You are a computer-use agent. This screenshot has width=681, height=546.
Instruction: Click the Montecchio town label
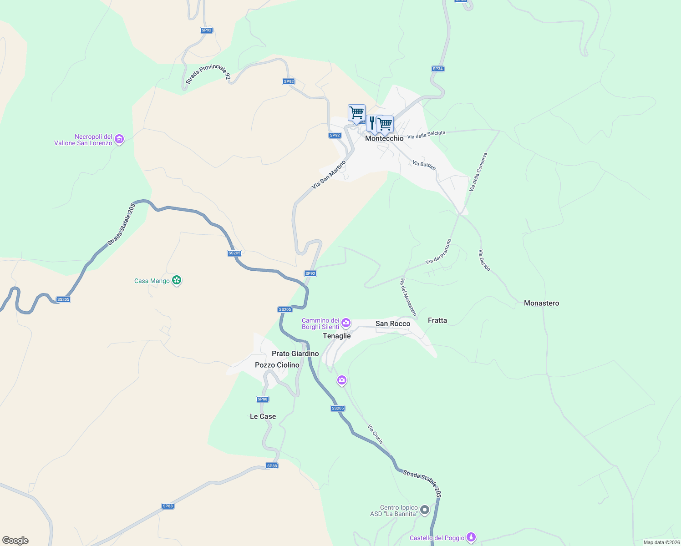(x=384, y=138)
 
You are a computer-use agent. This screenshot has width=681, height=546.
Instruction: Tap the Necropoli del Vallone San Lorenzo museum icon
(x=119, y=139)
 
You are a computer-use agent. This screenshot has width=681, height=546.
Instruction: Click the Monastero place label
(x=541, y=303)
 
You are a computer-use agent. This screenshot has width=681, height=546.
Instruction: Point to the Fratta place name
(x=437, y=320)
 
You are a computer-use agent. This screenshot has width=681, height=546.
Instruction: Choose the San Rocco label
(x=393, y=324)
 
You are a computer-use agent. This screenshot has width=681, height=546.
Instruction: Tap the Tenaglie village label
(x=337, y=336)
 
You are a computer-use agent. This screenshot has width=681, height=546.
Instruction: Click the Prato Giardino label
(x=295, y=354)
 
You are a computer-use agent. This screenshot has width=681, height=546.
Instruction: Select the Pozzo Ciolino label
(x=277, y=365)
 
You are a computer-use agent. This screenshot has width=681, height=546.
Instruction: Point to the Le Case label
(x=263, y=416)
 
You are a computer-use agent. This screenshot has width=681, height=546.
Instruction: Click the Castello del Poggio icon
(x=472, y=537)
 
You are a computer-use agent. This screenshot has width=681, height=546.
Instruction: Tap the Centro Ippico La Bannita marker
(x=425, y=510)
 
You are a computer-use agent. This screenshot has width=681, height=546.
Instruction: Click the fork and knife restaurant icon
(x=372, y=122)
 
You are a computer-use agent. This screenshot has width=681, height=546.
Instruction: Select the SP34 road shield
(x=437, y=69)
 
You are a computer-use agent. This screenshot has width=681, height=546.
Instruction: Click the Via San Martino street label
(x=329, y=175)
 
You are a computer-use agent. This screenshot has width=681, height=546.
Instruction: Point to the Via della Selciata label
(x=426, y=135)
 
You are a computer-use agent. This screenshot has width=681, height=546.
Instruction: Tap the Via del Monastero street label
(x=408, y=297)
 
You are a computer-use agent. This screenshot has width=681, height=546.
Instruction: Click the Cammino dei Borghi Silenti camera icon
(x=346, y=323)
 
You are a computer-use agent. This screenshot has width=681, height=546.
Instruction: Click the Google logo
(x=15, y=541)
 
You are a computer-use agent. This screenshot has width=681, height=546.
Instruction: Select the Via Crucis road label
(x=375, y=434)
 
